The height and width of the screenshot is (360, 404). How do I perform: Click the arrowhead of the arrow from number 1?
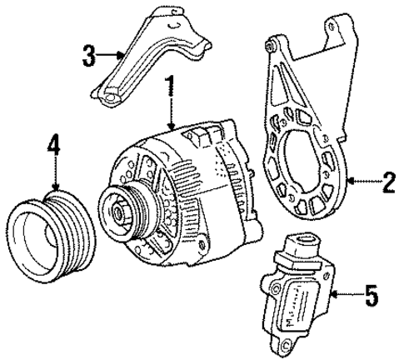click(x=170, y=125)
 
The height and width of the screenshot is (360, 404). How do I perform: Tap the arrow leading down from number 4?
click(x=55, y=179)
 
